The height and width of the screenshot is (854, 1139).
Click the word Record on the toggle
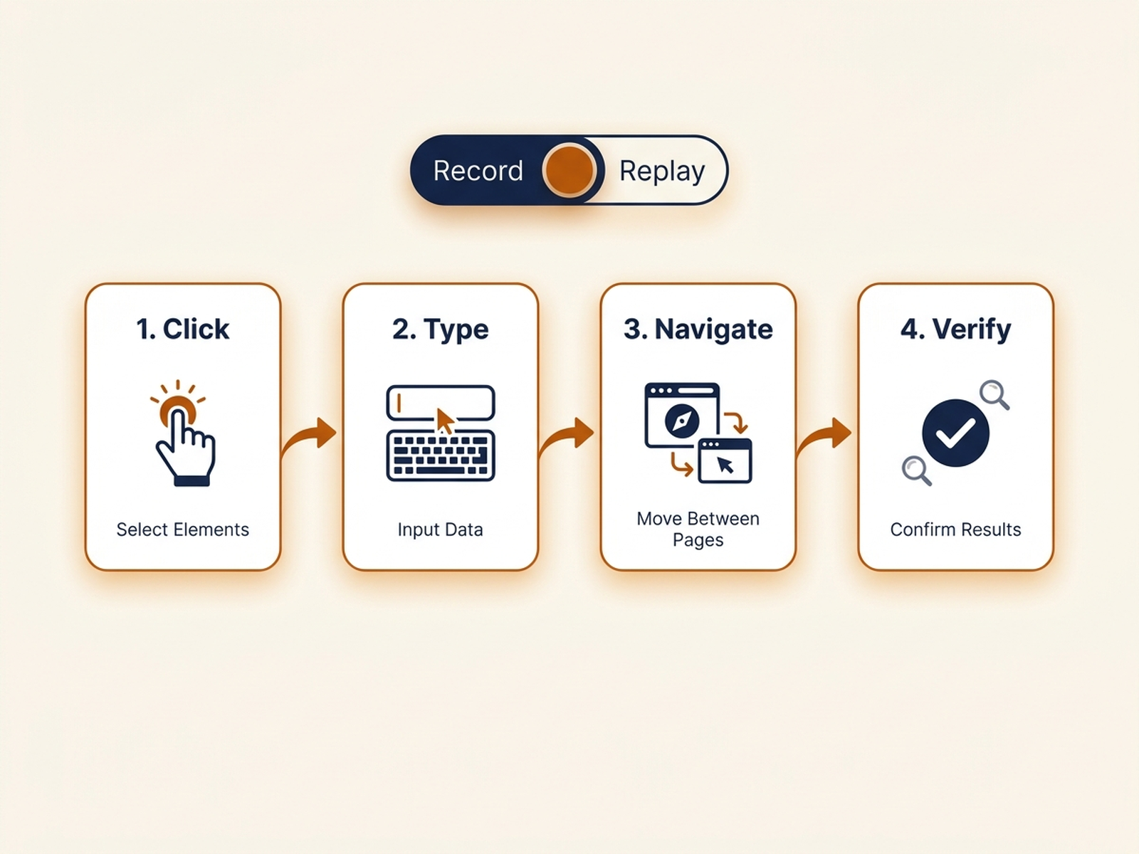(478, 171)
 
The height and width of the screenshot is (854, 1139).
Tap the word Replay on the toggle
(662, 172)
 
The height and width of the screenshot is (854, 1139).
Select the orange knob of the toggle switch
(569, 170)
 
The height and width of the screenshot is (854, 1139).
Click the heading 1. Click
(183, 329)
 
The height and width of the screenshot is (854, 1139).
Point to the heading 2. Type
(440, 330)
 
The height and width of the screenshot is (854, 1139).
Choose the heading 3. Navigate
(698, 330)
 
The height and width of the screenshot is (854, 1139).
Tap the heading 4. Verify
(955, 330)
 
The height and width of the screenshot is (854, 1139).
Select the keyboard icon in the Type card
(441, 455)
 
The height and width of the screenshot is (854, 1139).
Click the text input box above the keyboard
(441, 403)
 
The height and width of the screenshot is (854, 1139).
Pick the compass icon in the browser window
(682, 421)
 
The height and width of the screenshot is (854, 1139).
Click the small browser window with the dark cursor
(725, 461)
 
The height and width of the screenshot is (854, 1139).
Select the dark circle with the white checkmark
(955, 433)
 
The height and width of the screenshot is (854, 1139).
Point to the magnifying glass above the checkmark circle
(994, 394)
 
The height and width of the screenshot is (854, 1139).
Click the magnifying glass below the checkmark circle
(917, 471)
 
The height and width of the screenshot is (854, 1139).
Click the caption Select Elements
(183, 529)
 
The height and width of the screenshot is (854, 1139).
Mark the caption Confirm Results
(955, 529)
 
